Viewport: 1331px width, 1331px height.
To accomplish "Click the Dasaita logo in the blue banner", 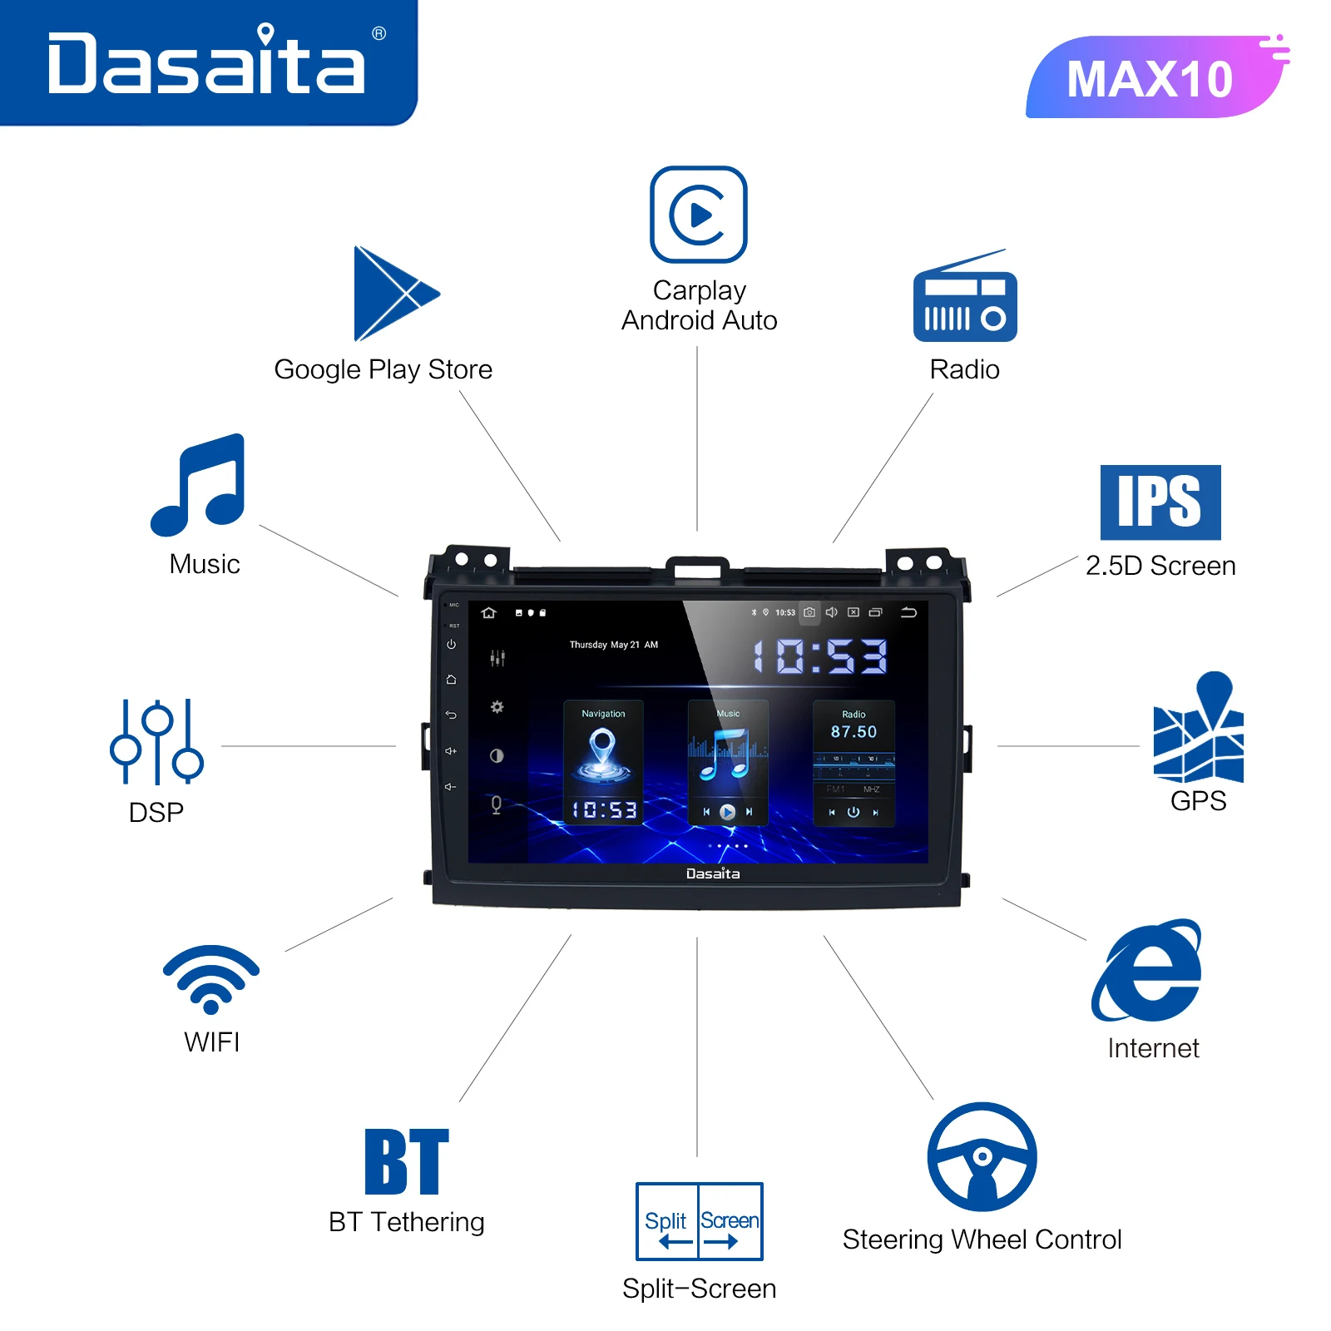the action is click(x=206, y=63).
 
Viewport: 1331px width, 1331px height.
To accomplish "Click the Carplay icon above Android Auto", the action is click(x=699, y=215).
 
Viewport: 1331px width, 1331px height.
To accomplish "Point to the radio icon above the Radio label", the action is click(x=965, y=304).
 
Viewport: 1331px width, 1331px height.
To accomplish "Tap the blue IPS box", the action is click(x=1160, y=502).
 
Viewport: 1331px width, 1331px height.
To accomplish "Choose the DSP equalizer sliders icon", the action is click(x=156, y=742).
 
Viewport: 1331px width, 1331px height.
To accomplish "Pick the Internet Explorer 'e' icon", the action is click(x=1149, y=972).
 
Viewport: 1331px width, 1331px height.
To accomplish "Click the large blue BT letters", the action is click(x=407, y=1161).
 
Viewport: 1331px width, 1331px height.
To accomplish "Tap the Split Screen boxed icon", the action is click(x=700, y=1221).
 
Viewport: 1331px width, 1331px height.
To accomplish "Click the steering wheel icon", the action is click(x=982, y=1157).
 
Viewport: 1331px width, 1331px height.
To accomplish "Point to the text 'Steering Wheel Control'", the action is click(x=982, y=1239).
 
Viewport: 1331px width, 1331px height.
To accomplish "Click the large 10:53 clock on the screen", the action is click(x=820, y=656).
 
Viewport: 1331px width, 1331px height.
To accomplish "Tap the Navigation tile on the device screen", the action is click(x=603, y=761).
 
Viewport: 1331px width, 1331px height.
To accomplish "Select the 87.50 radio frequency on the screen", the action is click(x=854, y=732).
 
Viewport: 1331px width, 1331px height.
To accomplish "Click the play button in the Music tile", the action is click(x=727, y=812).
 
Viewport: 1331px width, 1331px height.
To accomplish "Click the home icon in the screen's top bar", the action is click(x=488, y=613).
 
